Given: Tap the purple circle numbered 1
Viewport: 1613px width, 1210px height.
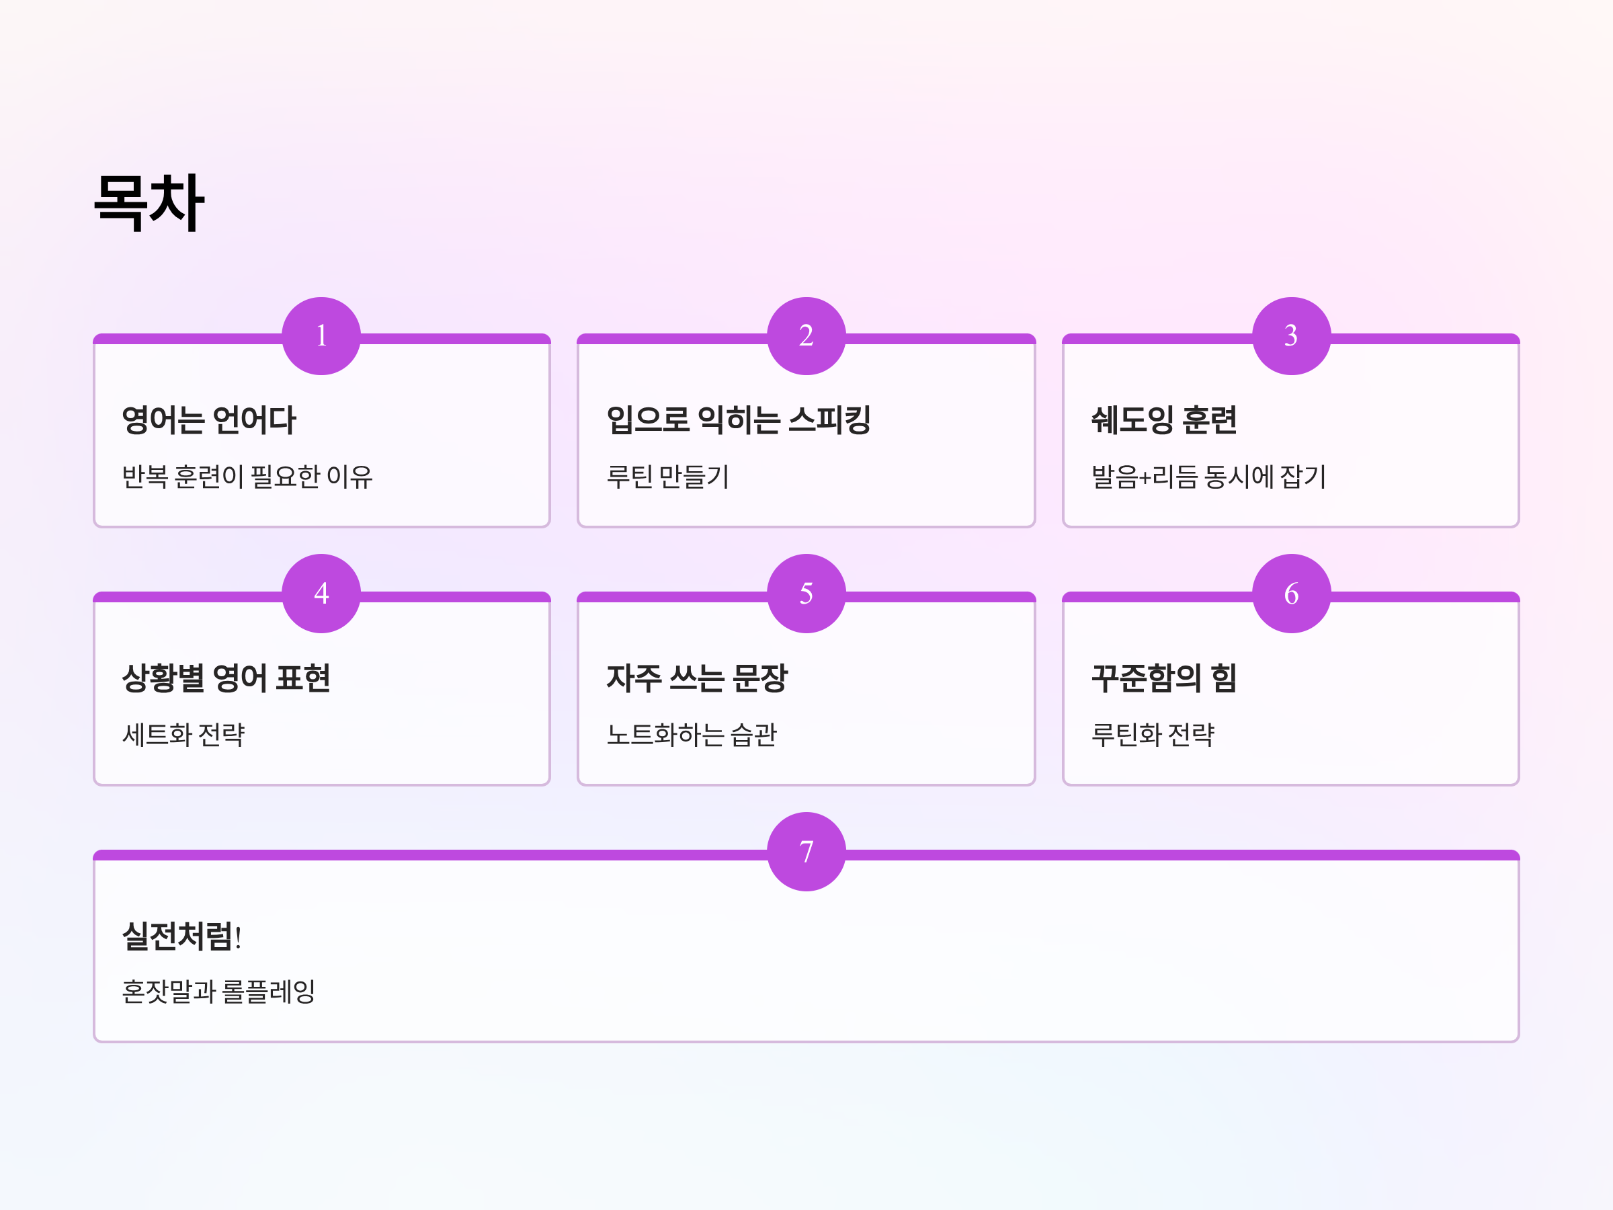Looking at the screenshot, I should click(x=321, y=336).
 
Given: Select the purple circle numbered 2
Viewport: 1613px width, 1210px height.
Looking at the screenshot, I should click(x=806, y=336).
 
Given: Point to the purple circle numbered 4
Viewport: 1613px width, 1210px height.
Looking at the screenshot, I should click(x=321, y=594).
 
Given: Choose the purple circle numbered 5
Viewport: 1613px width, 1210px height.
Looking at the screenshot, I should click(x=806, y=594).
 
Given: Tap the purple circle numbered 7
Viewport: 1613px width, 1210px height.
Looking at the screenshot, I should click(x=806, y=852).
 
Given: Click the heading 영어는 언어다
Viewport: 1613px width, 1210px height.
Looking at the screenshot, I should click(x=209, y=420).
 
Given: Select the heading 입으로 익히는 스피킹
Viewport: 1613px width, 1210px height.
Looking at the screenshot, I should click(x=739, y=420).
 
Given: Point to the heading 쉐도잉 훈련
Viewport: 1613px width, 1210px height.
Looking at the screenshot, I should click(x=1164, y=420).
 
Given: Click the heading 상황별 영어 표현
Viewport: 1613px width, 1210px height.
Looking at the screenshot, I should click(x=226, y=678).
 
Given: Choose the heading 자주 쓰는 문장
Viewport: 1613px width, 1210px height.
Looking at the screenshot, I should click(x=697, y=678).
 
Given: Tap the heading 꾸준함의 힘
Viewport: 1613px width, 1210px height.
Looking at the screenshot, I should click(x=1164, y=678).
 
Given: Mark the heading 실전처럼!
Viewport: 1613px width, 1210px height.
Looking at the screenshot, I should click(x=181, y=936).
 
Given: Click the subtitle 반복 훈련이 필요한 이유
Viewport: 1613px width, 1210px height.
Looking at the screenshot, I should click(x=247, y=477).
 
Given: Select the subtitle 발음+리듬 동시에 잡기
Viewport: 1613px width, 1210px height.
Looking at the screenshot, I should click(x=1208, y=477).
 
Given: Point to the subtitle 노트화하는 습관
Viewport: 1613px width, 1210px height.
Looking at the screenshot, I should click(x=692, y=735).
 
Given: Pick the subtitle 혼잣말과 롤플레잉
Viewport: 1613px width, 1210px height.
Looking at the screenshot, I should click(x=218, y=992).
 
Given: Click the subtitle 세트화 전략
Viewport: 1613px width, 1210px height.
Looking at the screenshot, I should click(x=183, y=735).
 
